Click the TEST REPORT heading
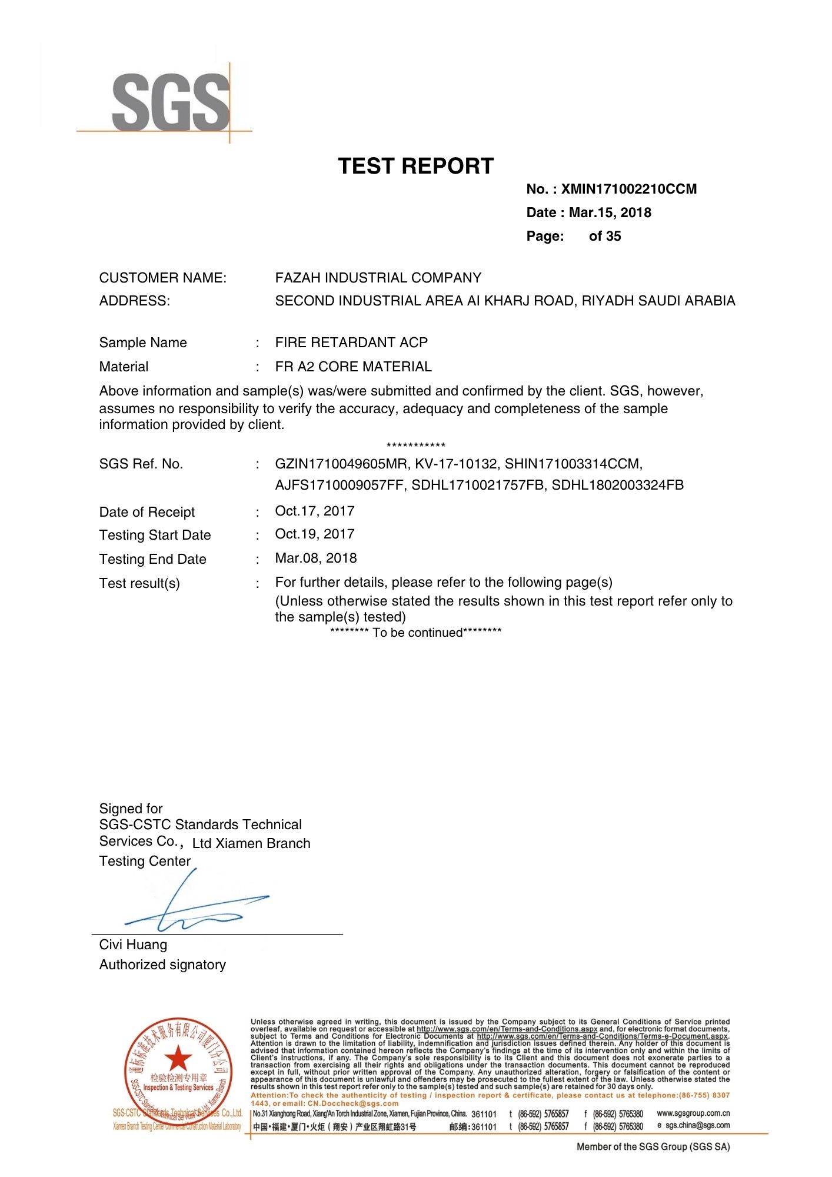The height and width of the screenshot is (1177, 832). click(x=415, y=166)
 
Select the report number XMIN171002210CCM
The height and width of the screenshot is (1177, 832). click(x=628, y=189)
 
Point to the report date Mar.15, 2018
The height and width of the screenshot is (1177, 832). click(x=610, y=212)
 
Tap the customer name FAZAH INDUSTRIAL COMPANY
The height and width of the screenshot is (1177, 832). click(x=378, y=278)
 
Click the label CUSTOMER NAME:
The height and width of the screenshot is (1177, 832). click(x=162, y=278)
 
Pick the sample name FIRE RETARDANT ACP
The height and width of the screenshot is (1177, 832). click(x=351, y=343)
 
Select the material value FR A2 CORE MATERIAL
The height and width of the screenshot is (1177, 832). click(x=353, y=367)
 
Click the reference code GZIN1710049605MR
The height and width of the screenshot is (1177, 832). click(x=341, y=464)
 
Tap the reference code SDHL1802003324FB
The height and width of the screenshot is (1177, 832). click(x=617, y=485)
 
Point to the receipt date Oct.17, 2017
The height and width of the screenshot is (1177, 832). click(x=314, y=511)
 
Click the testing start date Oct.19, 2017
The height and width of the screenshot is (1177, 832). click(x=314, y=534)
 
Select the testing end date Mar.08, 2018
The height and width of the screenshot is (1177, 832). click(x=315, y=558)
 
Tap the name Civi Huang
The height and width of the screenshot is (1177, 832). click(x=133, y=945)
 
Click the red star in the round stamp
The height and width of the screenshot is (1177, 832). click(x=178, y=1059)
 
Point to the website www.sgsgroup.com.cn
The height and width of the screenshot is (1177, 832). click(x=693, y=1113)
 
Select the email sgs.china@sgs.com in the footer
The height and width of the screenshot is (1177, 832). click(x=697, y=1125)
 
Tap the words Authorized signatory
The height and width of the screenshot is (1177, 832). click(x=162, y=965)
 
